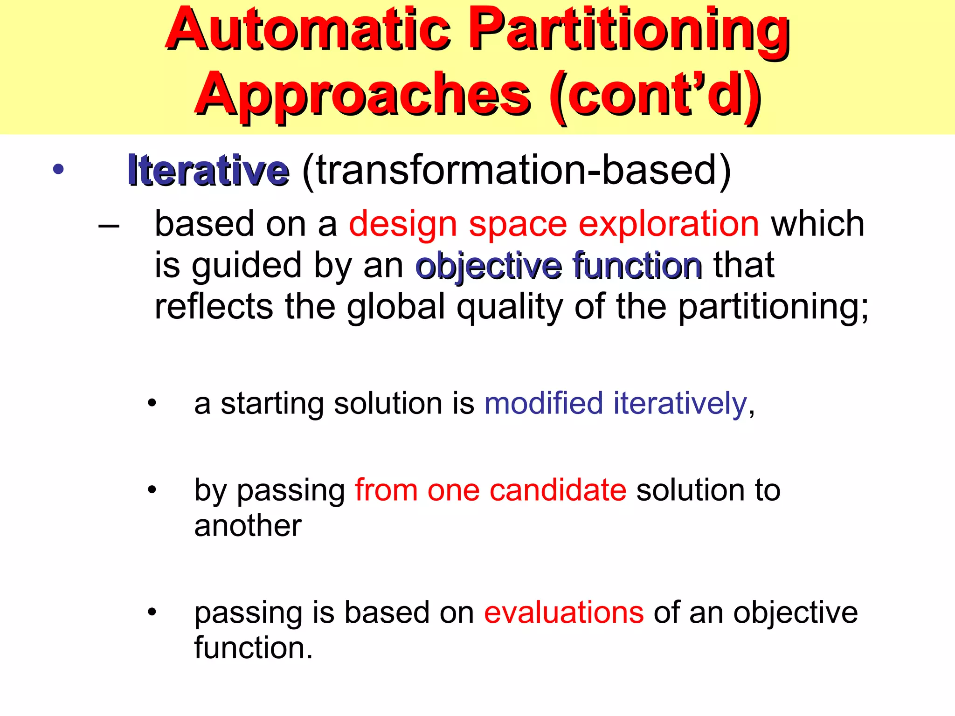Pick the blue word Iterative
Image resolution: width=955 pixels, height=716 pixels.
tap(208, 171)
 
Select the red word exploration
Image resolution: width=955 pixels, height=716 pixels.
tap(669, 225)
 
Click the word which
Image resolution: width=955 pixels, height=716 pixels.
tap(818, 224)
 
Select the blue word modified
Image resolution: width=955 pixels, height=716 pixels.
tap(544, 403)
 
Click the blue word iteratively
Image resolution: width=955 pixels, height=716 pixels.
tap(680, 404)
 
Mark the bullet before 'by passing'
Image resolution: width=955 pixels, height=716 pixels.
tap(152, 490)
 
